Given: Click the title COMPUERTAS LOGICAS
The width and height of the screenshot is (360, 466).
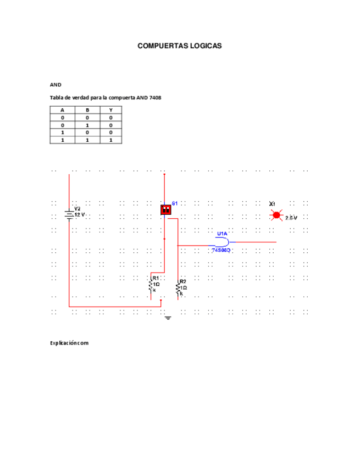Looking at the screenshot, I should [x=180, y=46].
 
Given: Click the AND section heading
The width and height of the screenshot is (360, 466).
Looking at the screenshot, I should [x=56, y=85].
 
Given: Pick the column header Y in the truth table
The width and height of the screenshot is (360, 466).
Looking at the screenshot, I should [x=110, y=110].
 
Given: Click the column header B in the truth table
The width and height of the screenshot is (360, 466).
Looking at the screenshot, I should [x=87, y=110].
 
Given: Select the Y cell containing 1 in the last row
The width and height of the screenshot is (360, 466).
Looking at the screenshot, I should [x=110, y=140].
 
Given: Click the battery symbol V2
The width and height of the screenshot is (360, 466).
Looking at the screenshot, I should [x=69, y=213].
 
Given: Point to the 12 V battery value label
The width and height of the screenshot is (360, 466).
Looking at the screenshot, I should [x=80, y=215].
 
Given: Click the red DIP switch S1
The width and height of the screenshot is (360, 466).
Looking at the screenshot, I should [x=165, y=209].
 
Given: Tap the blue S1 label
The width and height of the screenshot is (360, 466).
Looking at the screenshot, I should [x=175, y=203].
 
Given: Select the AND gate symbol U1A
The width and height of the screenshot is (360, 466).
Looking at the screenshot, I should [x=223, y=242].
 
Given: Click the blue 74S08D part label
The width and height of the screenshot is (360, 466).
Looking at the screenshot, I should [x=221, y=250].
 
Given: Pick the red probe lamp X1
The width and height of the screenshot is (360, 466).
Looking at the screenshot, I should [x=276, y=215].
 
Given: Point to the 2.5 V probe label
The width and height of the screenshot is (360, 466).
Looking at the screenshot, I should [x=291, y=218].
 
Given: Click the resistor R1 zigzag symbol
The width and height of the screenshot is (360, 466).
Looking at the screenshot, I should [x=151, y=286].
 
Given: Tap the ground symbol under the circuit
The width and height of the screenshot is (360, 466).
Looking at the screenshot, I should [x=168, y=318].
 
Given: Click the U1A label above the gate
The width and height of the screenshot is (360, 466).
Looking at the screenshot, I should [x=222, y=234].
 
